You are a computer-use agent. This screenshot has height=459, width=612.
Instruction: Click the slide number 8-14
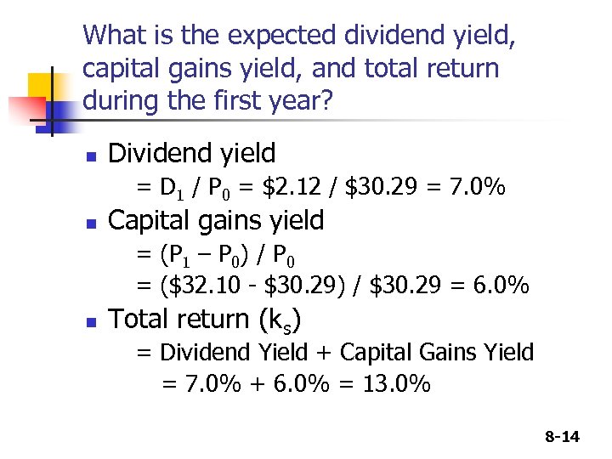[x=561, y=437]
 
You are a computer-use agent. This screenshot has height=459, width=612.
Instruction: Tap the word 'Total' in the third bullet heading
[x=137, y=319]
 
